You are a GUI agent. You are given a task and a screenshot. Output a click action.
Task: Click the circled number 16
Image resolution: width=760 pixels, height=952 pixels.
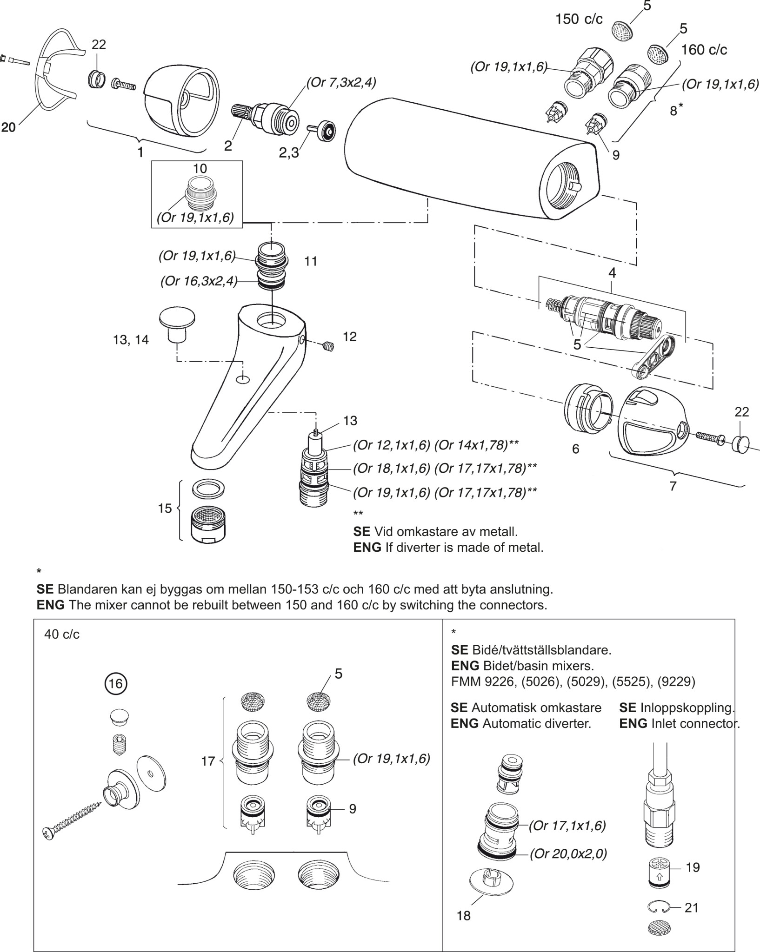[115, 683]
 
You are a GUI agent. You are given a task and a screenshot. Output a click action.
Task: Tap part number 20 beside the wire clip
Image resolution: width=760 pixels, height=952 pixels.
[8, 127]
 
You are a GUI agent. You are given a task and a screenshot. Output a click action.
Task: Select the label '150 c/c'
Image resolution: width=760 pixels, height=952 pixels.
[579, 19]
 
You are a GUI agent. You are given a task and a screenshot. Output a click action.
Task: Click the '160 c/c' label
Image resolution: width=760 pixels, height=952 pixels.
[704, 49]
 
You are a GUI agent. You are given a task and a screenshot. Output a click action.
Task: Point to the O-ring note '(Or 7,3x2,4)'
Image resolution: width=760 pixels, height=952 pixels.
[341, 83]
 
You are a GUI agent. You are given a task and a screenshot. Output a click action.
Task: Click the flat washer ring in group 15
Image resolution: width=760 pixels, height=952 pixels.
[208, 489]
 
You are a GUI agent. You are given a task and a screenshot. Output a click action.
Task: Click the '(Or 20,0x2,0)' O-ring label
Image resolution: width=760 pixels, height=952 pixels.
[568, 853]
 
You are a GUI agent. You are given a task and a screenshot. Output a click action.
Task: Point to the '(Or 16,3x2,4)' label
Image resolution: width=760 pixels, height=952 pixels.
[199, 282]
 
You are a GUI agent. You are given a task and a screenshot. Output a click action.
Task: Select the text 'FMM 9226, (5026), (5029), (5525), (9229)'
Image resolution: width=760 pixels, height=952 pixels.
[573, 681]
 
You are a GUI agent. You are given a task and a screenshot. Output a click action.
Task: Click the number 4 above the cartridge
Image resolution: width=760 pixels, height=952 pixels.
[612, 273]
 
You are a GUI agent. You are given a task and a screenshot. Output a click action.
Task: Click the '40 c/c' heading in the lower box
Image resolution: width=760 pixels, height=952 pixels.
[62, 635]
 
